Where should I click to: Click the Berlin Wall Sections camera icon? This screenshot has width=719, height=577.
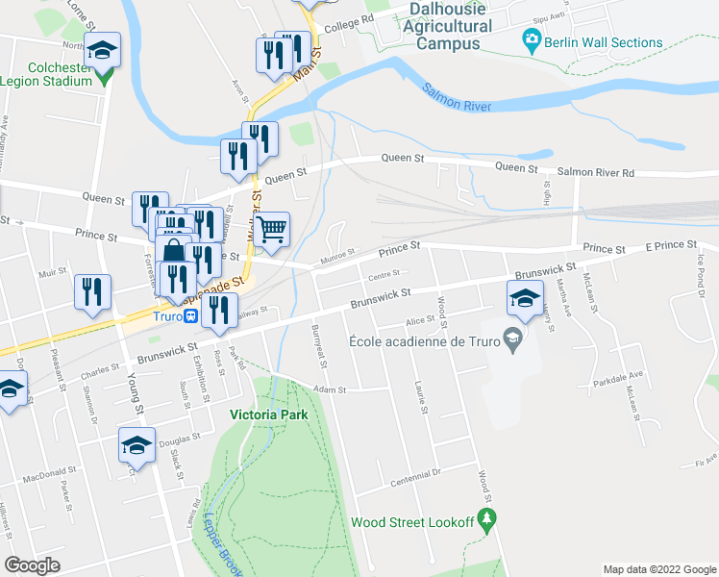pyautogui.click(x=530, y=42)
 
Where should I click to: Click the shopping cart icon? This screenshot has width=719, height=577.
pyautogui.click(x=272, y=231)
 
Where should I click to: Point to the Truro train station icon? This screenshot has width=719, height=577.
pyautogui.click(x=191, y=315)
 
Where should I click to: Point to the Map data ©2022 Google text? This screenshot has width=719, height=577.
pyautogui.click(x=658, y=569)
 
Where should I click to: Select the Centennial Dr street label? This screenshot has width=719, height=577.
pyautogui.click(x=416, y=473)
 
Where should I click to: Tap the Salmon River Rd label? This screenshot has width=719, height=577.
pyautogui.click(x=596, y=172)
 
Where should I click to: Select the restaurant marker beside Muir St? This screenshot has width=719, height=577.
pyautogui.click(x=93, y=291)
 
